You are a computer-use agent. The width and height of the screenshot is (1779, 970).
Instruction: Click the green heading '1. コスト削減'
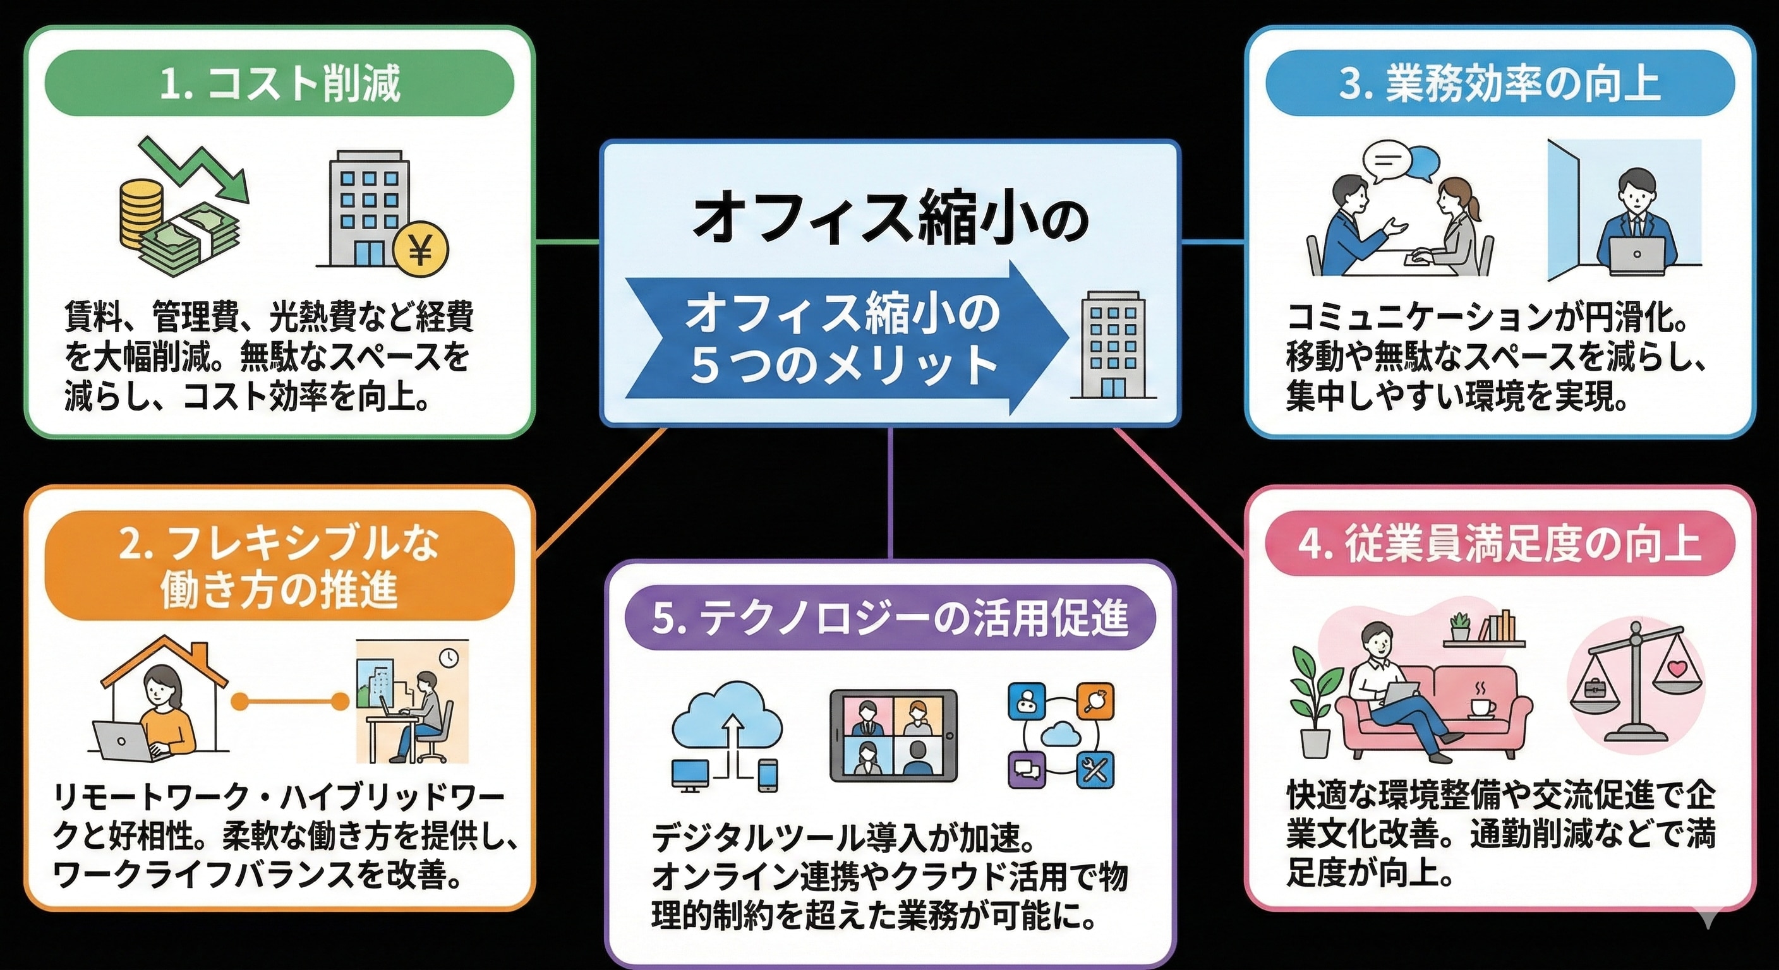[x=279, y=83]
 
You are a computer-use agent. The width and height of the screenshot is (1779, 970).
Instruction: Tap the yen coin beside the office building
[x=420, y=249]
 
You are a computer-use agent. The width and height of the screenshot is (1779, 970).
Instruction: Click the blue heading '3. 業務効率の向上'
[x=1499, y=83]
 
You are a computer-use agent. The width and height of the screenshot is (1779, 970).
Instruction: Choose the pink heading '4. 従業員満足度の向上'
[x=1499, y=543]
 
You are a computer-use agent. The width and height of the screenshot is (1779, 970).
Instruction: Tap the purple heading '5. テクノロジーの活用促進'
[x=889, y=617]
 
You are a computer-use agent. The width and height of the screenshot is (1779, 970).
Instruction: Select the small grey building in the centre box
[x=1113, y=346]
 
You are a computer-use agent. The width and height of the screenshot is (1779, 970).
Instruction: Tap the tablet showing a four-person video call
[x=893, y=735]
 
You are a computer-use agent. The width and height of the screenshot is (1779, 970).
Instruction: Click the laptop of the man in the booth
[x=1636, y=254]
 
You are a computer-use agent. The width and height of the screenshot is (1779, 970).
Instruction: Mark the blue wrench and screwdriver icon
[x=1095, y=769]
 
